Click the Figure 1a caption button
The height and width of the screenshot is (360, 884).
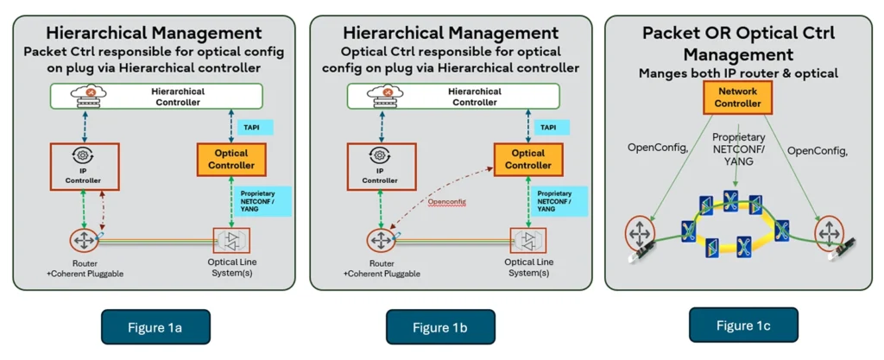(x=155, y=327)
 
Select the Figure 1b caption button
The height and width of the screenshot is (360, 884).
(x=440, y=327)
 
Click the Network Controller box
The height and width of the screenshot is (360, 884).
(x=738, y=98)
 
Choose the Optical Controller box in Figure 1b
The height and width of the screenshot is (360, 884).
(x=527, y=159)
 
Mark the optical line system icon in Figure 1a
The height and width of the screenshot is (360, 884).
(x=230, y=237)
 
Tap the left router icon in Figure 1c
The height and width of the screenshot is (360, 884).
(x=640, y=231)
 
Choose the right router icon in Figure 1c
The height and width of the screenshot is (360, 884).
(x=829, y=231)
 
